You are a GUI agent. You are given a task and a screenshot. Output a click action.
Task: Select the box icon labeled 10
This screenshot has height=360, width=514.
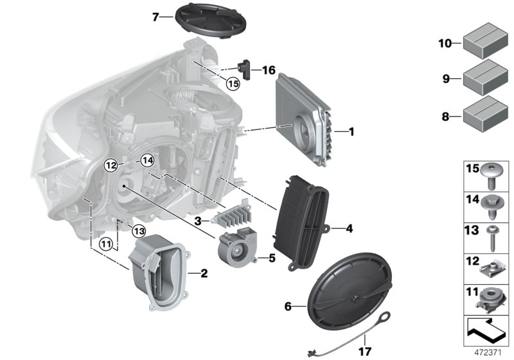coord(483,44)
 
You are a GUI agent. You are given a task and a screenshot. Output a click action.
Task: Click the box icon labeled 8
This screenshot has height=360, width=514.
coord(483,116)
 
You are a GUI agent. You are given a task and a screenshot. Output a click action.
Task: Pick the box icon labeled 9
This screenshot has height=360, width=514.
coord(483,80)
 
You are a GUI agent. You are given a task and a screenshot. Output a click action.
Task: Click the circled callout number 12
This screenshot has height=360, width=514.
coord(111,165)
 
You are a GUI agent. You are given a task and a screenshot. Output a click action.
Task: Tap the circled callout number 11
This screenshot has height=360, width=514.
coord(105,244)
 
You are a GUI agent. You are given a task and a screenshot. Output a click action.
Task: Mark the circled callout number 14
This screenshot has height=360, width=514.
coord(148,161)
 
